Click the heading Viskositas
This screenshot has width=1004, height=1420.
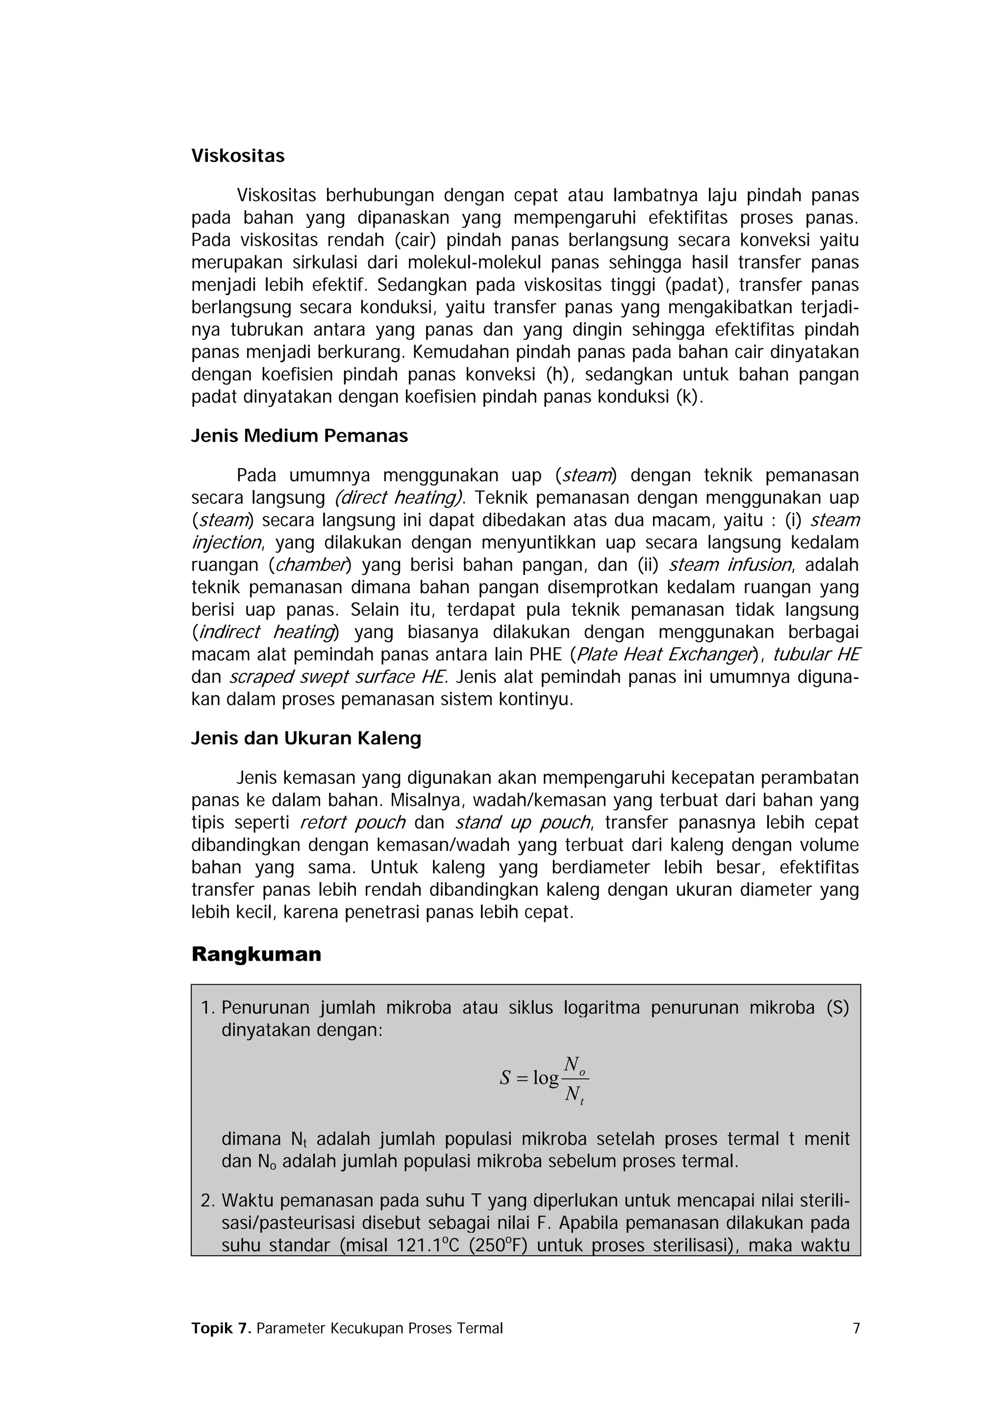tap(238, 156)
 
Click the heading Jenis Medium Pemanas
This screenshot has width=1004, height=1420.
tap(300, 436)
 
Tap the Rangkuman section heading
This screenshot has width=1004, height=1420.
tap(256, 954)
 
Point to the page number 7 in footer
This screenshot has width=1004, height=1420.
tap(856, 1328)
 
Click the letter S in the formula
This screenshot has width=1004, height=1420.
tap(505, 1078)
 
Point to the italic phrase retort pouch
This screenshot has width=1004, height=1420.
tap(352, 822)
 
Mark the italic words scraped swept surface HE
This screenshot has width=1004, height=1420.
tap(337, 676)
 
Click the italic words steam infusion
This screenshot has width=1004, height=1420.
tap(730, 565)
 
